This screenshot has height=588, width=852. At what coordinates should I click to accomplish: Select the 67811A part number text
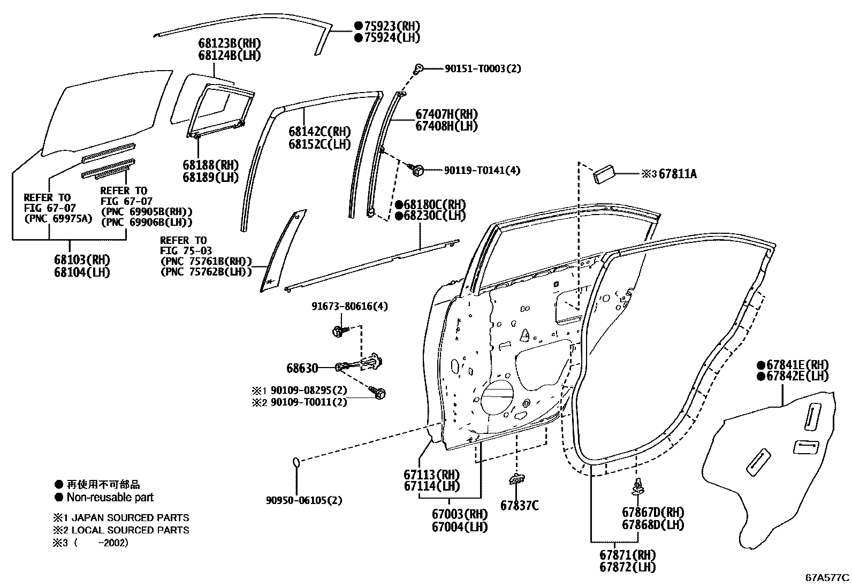678,174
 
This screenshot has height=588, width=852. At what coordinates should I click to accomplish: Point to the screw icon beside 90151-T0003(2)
419,68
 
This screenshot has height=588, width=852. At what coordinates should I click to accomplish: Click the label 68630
302,368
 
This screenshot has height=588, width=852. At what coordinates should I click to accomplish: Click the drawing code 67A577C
827,578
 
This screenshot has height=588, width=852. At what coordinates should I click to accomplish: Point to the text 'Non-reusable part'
110,498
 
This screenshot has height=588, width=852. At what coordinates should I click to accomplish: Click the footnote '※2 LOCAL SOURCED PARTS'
121,530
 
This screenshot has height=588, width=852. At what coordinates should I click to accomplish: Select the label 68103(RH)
81,260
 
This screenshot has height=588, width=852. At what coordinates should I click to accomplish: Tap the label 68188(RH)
210,165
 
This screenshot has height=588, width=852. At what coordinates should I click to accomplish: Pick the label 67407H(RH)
446,114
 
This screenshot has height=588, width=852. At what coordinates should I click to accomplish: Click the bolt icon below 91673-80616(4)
338,332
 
